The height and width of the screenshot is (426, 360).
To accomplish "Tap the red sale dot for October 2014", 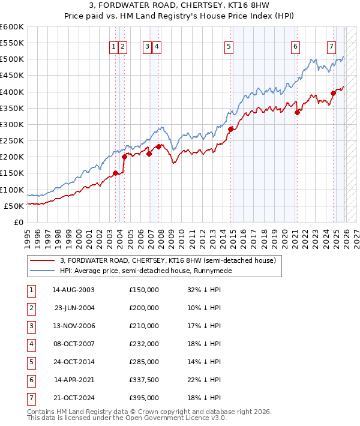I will pyautogui.click(x=231, y=128).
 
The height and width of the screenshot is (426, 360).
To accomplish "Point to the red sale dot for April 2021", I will pyautogui.click(x=297, y=112).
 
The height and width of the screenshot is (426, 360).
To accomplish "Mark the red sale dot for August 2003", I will pyautogui.click(x=115, y=173).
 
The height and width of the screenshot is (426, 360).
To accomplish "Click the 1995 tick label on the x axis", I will pyautogui.click(x=27, y=236).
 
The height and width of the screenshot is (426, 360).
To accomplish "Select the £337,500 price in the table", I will pyautogui.click(x=144, y=380).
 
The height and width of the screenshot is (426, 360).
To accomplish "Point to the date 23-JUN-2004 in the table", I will pyautogui.click(x=74, y=308).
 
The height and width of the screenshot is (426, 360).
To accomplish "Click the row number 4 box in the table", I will pyautogui.click(x=31, y=344).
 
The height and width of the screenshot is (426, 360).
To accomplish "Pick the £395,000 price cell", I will pyautogui.click(x=144, y=398).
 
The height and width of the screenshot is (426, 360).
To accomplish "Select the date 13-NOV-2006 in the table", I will pyautogui.click(x=74, y=326).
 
